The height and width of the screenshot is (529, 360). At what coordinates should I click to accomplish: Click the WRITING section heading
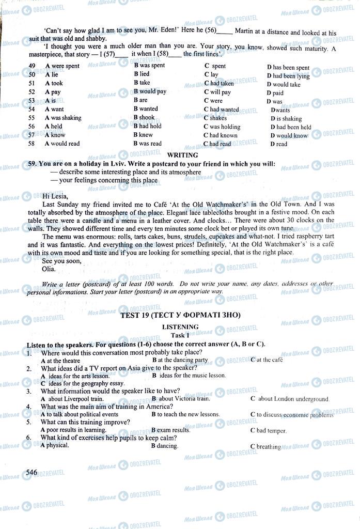183,155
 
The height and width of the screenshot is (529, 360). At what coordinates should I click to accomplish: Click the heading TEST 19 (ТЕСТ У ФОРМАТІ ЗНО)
180,315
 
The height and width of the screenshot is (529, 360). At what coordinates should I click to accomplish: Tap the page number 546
32,472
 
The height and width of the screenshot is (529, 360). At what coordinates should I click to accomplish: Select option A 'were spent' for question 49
62,66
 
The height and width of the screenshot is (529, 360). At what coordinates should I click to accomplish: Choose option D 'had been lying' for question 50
288,76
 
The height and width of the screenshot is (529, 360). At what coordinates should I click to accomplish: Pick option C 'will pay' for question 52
217,92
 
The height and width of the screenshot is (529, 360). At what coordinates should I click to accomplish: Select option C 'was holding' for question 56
222,127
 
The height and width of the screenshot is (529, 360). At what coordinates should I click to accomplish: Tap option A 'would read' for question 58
62,144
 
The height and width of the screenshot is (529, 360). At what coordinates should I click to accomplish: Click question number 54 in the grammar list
32,110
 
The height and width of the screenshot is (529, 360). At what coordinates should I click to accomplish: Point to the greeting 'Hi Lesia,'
55,196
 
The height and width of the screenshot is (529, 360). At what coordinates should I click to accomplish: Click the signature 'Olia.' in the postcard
48,269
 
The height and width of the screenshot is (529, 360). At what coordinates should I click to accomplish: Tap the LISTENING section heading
180,327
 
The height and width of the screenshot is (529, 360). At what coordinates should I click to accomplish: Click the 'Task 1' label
180,335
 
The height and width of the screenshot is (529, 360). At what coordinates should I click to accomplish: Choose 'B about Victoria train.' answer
181,398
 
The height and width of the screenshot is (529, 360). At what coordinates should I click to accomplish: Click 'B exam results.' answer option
170,430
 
